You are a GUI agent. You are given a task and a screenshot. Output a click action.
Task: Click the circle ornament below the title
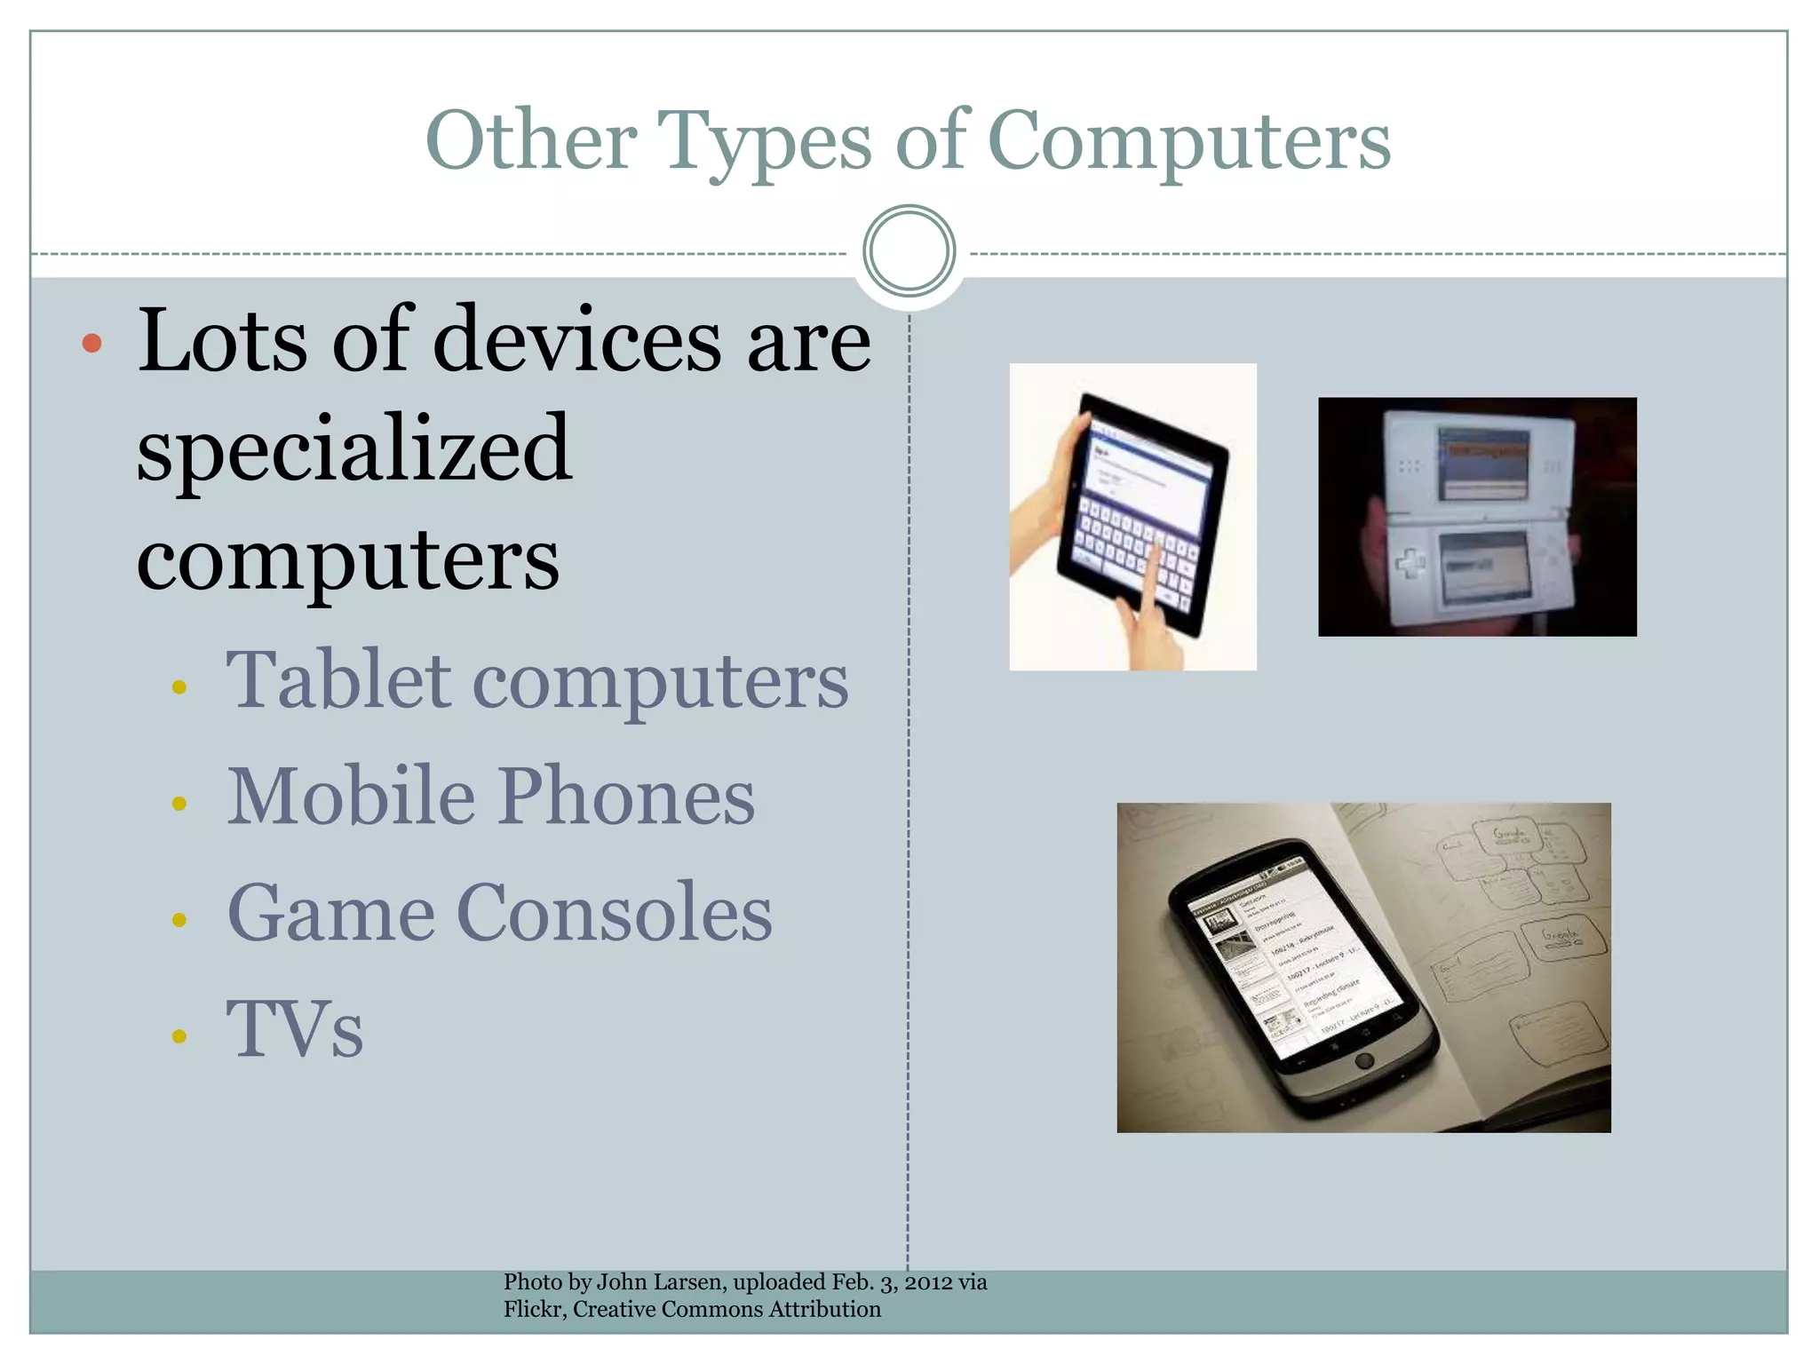tap(909, 251)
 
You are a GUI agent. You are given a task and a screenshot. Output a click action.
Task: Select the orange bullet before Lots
tap(91, 343)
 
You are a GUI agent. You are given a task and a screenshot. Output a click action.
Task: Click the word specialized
tap(353, 450)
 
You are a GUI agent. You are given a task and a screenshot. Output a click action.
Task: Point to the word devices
tap(577, 340)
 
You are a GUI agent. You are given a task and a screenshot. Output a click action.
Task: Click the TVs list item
tap(295, 1029)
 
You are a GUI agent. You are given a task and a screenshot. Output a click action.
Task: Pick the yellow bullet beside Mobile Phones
tap(179, 804)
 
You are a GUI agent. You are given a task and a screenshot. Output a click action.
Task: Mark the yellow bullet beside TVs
tap(179, 1035)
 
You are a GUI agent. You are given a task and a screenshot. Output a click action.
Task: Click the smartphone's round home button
tap(1365, 1060)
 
